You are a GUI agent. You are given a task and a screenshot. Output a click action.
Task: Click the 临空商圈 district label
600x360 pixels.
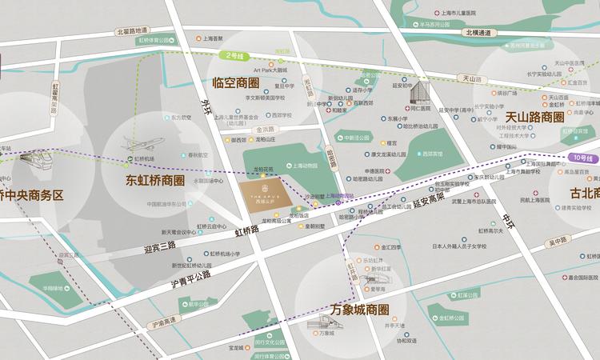[x=237, y=82]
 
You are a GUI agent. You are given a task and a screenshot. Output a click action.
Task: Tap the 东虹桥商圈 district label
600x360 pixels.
[x=155, y=180]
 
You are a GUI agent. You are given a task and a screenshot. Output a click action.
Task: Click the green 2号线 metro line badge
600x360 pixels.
[x=234, y=56]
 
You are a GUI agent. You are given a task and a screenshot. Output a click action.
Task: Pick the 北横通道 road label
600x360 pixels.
[x=479, y=33]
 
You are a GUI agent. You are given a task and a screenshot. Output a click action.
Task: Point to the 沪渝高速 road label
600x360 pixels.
[x=165, y=324]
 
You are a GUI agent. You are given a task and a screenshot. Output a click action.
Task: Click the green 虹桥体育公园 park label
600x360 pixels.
[x=155, y=39]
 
